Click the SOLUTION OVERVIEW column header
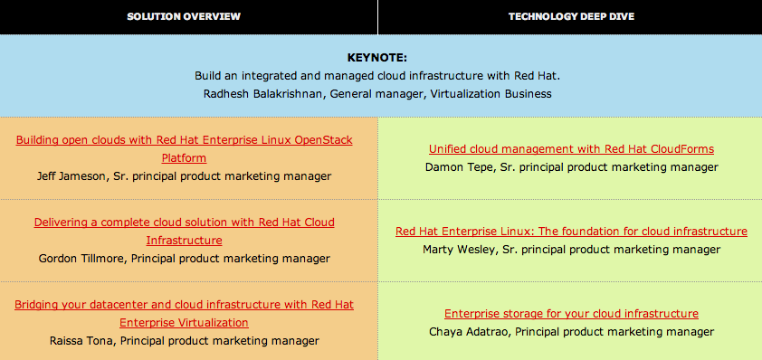(x=184, y=16)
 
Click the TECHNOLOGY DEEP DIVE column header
(x=571, y=16)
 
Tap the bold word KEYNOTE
(x=377, y=58)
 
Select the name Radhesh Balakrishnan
(x=262, y=94)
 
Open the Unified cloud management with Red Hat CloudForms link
(x=572, y=148)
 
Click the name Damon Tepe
(x=456, y=167)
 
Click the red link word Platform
(x=184, y=158)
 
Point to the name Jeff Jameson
(x=71, y=176)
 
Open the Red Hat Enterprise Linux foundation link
(x=572, y=232)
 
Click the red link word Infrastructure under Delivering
(x=184, y=241)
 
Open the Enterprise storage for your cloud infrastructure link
(x=572, y=314)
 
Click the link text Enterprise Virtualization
(x=184, y=323)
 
